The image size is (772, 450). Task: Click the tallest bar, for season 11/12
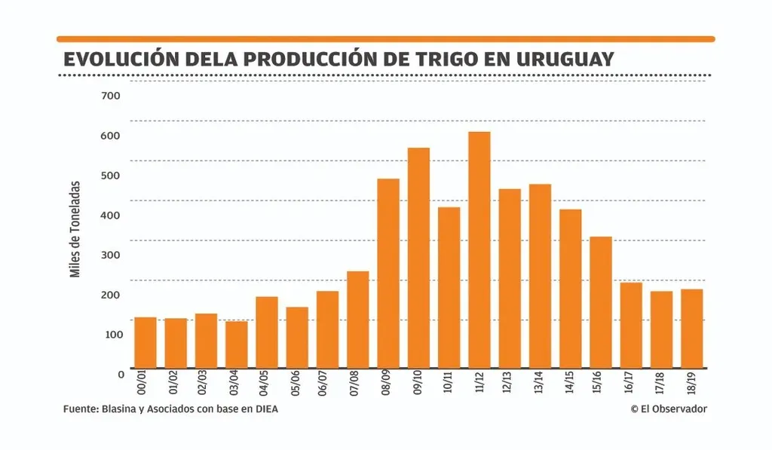479,250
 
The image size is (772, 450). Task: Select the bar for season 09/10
418,258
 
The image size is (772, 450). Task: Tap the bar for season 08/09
388,274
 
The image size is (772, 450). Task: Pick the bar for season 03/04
236,344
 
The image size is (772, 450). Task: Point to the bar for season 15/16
601,302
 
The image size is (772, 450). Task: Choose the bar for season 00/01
145,343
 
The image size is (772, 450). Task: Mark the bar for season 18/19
692,329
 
